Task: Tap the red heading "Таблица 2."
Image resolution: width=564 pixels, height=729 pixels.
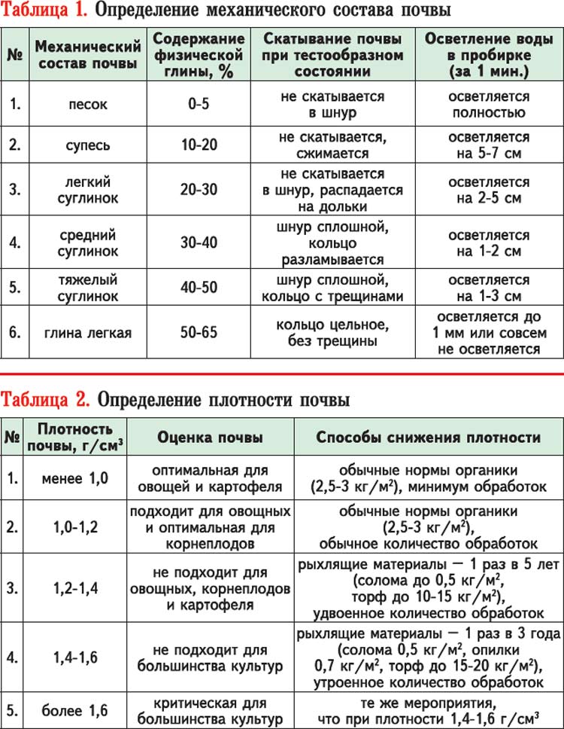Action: (x=44, y=397)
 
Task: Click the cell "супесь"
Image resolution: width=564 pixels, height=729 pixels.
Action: (x=89, y=145)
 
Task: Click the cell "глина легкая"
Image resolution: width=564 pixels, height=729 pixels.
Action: (x=89, y=331)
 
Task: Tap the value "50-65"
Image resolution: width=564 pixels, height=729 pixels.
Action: (x=199, y=331)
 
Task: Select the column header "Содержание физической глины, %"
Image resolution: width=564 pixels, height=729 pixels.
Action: (x=199, y=55)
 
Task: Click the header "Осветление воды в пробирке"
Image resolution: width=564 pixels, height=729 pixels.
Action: (x=488, y=55)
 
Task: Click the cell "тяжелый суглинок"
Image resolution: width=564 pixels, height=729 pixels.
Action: (x=89, y=287)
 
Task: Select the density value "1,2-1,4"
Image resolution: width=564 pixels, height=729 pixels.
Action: (x=74, y=584)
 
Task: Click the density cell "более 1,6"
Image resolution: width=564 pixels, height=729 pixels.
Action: (x=74, y=710)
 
